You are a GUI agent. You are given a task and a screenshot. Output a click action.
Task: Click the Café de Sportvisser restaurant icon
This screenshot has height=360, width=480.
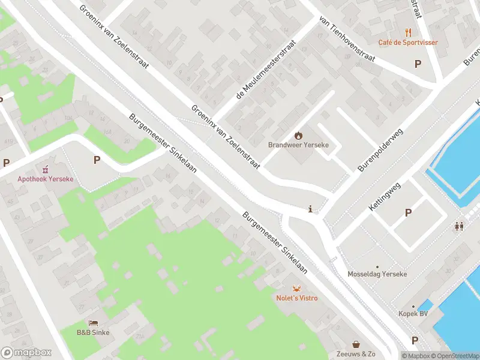coord(408,32)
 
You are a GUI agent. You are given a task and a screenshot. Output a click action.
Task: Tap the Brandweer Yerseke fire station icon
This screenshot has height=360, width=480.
coord(298,136)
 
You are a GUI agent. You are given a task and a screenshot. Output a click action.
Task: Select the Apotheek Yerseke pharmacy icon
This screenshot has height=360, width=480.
coord(43,169)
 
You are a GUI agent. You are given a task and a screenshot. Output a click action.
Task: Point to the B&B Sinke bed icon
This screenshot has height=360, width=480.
coord(93,323)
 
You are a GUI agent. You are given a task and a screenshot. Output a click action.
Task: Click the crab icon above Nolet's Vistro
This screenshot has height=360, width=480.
coord(296,289)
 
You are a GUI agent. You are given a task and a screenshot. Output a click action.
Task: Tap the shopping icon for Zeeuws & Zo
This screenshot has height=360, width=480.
coord(356,344)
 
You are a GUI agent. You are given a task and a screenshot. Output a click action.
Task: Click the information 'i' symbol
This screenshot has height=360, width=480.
coord(310,209)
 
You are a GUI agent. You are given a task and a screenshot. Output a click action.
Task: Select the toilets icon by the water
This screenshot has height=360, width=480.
coord(460,226)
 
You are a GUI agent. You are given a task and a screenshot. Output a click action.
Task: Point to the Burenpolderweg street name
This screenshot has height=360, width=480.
coord(380,149)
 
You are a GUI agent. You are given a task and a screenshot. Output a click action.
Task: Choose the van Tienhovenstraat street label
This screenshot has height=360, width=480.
coord(347,39)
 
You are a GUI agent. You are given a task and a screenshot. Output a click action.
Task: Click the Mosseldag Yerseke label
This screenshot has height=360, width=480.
coord(377,274)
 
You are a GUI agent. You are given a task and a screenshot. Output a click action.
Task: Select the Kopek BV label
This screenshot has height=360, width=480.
coord(413,314)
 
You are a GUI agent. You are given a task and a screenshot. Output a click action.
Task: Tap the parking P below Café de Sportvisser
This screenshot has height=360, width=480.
coord(418,64)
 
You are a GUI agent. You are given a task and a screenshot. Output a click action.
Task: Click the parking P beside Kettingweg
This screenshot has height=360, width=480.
coord(409,212)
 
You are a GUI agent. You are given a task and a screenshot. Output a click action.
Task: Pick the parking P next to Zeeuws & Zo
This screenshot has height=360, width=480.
coord(414,341)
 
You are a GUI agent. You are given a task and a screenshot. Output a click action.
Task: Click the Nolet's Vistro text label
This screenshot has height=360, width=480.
coord(296,298)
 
